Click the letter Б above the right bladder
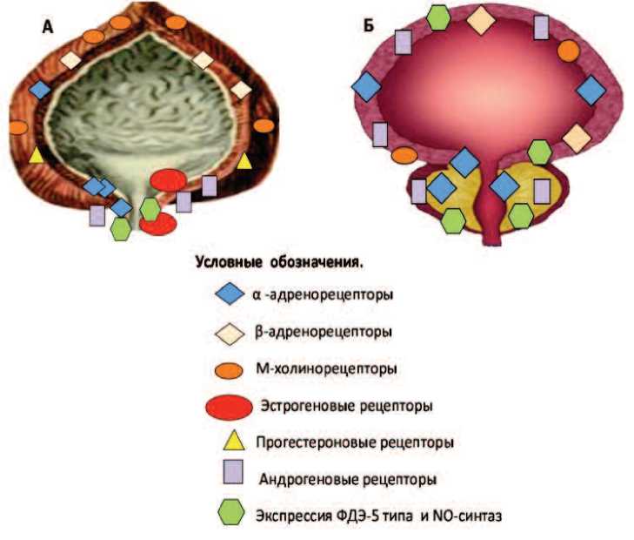[x=370, y=26]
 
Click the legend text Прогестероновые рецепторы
[x=354, y=442]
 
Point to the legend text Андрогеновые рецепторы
[x=347, y=478]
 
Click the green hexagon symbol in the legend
[x=231, y=514]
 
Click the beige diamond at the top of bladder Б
[x=479, y=19]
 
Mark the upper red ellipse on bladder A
[x=168, y=179]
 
